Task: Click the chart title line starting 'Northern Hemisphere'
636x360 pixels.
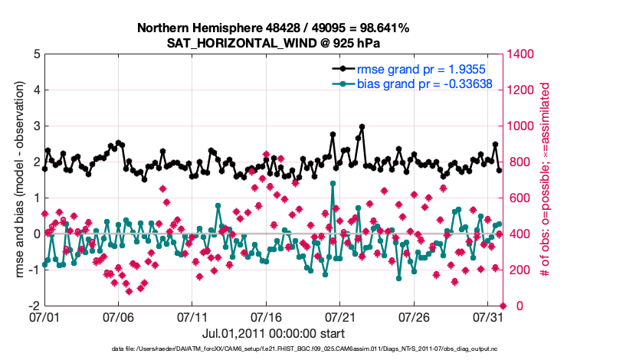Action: point(273,28)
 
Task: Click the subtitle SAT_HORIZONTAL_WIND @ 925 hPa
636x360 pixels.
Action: point(273,43)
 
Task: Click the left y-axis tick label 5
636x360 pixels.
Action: point(35,54)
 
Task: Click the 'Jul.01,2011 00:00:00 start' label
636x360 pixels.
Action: point(273,333)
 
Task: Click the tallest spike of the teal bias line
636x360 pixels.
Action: point(333,183)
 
